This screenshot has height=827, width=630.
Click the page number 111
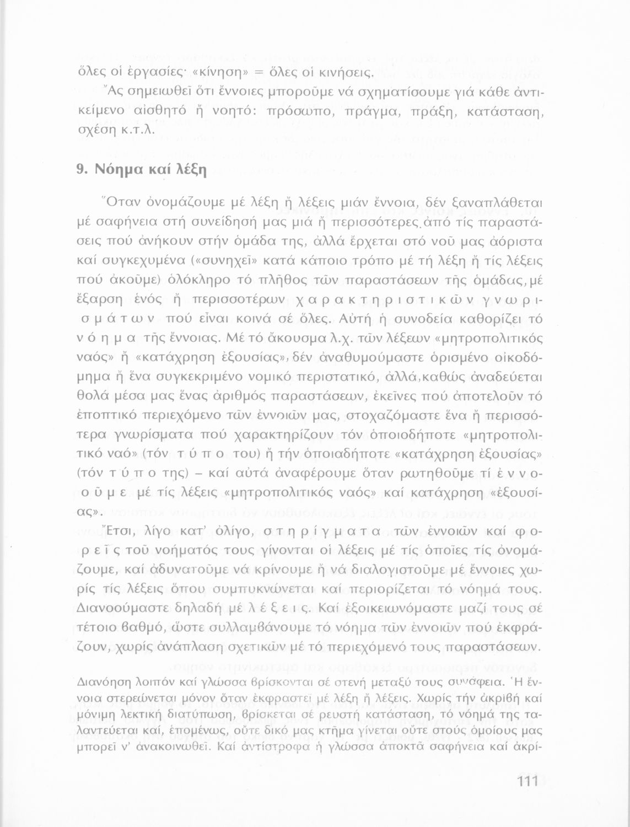pos(527,782)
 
